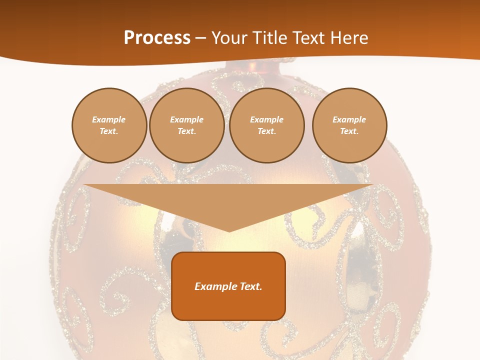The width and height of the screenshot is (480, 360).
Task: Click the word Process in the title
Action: click(x=157, y=38)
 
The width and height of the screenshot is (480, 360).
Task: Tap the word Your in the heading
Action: click(x=229, y=38)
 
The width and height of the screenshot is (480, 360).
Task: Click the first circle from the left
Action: click(x=109, y=125)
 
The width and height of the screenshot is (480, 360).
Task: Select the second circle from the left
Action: click(x=186, y=125)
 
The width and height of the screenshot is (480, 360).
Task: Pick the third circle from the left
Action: click(x=266, y=125)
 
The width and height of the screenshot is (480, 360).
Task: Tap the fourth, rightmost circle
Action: click(x=349, y=125)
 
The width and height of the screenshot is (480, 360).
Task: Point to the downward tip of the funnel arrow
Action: click(x=229, y=230)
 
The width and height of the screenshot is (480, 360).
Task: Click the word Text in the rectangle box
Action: click(x=250, y=286)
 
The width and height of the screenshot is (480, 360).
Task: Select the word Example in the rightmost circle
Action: click(x=349, y=119)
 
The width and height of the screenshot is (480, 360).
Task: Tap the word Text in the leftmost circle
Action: click(x=109, y=131)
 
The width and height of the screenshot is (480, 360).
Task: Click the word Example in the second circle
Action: click(x=186, y=119)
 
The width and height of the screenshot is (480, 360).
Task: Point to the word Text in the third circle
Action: click(x=266, y=131)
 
